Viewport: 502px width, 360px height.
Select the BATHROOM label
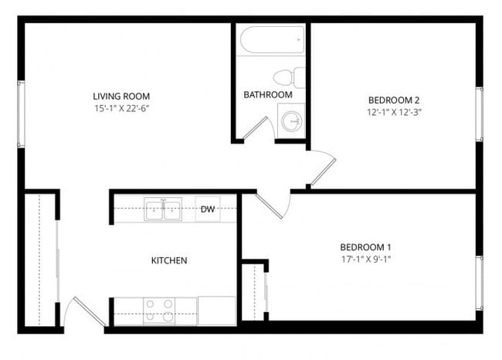point(268,95)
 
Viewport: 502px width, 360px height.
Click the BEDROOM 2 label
point(393,100)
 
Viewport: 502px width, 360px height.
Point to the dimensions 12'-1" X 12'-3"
point(393,112)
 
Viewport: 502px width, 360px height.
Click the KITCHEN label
point(168,260)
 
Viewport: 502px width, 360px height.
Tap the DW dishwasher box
point(208,209)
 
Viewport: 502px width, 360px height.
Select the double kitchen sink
point(164,209)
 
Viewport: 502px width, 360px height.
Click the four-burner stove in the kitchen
point(160,311)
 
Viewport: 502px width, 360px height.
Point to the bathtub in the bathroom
point(271,39)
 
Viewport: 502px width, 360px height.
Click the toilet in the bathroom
point(290,77)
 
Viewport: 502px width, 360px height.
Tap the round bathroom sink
point(292,121)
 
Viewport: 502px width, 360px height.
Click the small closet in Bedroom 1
point(253,292)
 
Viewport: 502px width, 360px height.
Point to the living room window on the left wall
point(21,113)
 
